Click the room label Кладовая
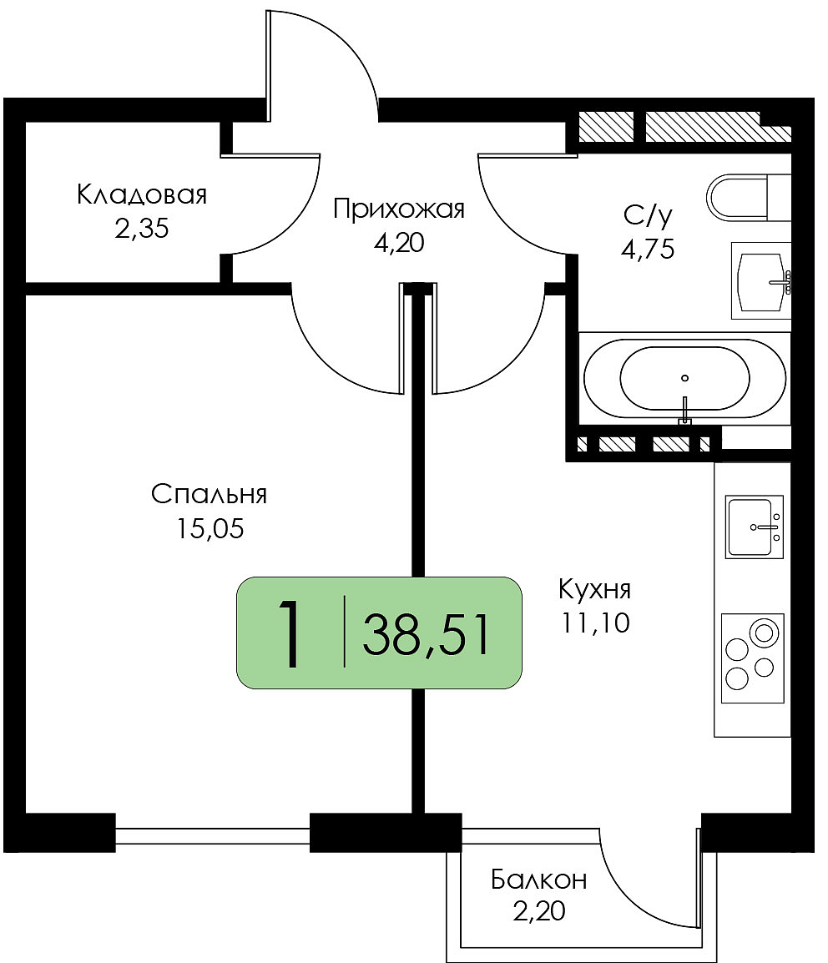142,194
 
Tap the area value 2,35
141,229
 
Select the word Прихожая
399,209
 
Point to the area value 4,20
399,243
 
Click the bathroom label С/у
648,215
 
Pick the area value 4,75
648,250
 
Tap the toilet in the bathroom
748,197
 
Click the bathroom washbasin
760,280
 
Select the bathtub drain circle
685,378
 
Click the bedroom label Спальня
210,494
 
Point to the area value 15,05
210,528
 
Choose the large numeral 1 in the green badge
290,633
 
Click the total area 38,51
427,635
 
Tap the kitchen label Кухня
594,590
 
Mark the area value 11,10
594,623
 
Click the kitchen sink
755,527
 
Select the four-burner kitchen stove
753,658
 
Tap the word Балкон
538,880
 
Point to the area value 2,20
538,911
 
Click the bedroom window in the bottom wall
213,836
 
